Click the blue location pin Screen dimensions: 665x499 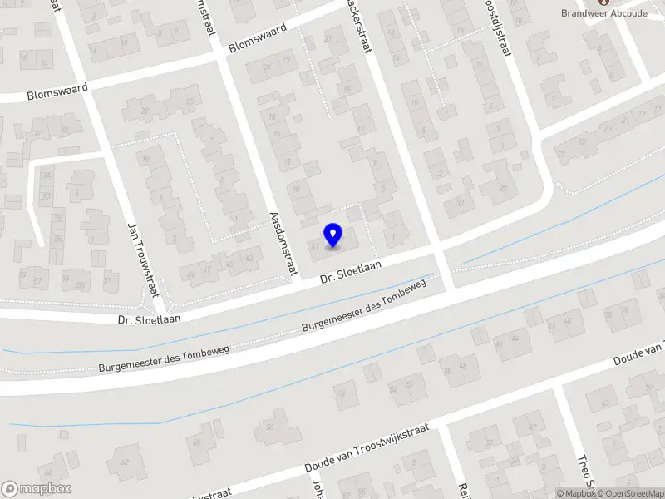[333, 235]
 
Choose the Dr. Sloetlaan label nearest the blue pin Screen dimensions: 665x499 [352, 272]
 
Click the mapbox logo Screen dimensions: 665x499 [37, 489]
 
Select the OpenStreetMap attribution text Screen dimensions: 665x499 [628, 493]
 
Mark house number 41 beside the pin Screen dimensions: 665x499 [315, 246]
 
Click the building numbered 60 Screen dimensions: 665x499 [197, 442]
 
